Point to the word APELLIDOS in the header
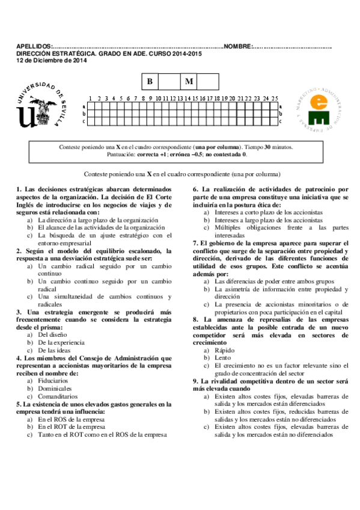tap(34, 47)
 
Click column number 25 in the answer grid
tap(275, 98)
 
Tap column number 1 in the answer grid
tap(90, 98)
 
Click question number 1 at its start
tap(19, 189)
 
